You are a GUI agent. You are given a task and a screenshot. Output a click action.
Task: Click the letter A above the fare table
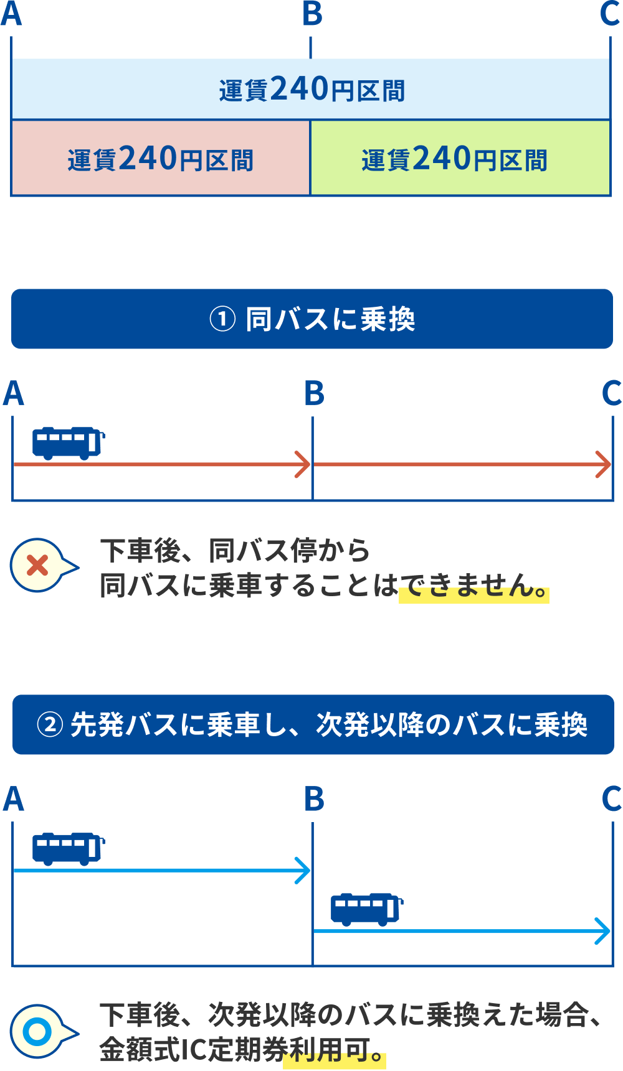coord(11,14)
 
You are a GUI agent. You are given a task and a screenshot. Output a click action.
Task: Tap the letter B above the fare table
coord(312,14)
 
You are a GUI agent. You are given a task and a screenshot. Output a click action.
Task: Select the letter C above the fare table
coord(611,14)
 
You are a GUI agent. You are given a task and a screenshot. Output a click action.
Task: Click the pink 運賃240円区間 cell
coord(161,159)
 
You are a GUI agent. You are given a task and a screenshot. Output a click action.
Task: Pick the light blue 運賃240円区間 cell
coord(311,89)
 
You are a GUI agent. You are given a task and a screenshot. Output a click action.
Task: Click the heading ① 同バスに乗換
coord(312,319)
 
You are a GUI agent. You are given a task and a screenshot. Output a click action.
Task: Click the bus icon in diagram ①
coord(68,442)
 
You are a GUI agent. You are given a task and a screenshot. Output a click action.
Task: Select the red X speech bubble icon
coord(39,566)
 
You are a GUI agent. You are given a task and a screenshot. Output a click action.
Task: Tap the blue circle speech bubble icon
coord(39,1031)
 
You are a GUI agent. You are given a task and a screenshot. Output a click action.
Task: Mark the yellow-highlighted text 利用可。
coord(335,1052)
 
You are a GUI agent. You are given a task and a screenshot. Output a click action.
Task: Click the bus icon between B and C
coord(366,909)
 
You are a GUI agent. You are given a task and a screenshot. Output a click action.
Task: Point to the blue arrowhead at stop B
coord(304,870)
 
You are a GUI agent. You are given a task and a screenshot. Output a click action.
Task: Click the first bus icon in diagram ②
coord(68,848)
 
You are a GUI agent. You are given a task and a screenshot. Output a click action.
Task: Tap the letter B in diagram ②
coord(314,799)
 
